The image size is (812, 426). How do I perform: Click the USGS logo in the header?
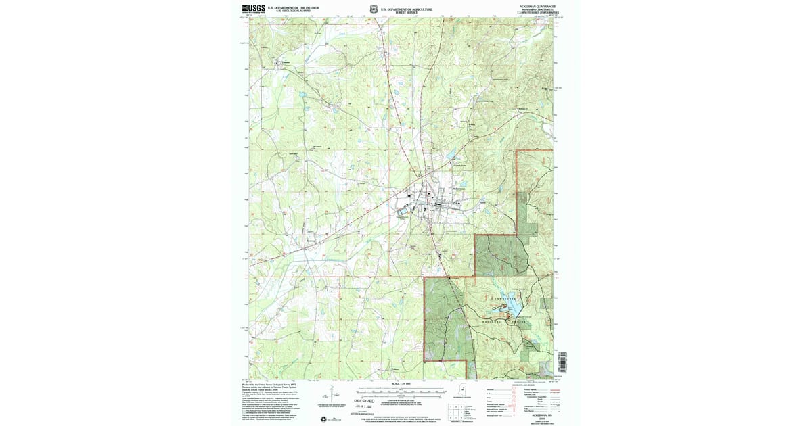click(x=253, y=9)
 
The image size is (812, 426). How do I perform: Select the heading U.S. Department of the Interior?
click(x=293, y=8)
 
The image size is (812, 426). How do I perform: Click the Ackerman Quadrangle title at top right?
click(x=537, y=5)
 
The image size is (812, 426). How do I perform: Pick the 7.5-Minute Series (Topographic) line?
click(x=537, y=12)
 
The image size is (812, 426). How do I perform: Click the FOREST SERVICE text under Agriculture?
click(x=406, y=13)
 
